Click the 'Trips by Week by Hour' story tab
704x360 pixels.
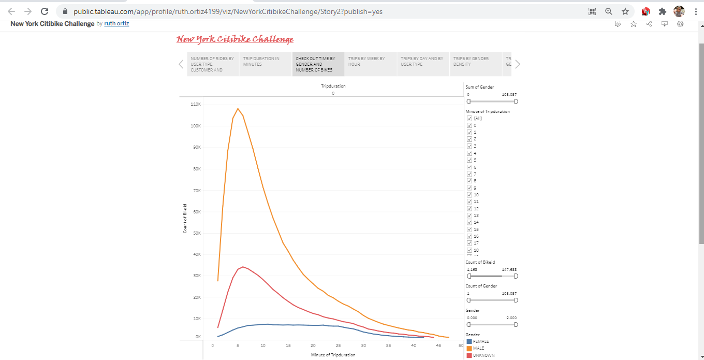(370, 64)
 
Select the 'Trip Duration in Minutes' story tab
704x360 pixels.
(265, 64)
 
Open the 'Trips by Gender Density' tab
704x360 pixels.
(475, 64)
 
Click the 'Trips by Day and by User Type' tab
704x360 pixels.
(423, 64)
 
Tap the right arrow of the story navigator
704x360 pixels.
(518, 64)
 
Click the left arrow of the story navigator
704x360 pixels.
(181, 64)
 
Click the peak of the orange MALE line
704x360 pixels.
(238, 109)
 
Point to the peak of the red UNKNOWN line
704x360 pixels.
(242, 267)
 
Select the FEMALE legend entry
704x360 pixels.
(480, 341)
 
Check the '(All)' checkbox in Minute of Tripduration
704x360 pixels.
(470, 118)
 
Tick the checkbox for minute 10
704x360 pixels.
(470, 195)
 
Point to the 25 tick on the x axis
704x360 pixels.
(338, 345)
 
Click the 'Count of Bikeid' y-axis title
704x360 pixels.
(185, 219)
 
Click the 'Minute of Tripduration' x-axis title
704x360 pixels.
(333, 355)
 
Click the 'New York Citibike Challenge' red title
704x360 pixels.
(235, 39)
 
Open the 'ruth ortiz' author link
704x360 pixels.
(116, 24)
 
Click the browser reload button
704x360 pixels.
(45, 11)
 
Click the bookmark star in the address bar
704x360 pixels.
(625, 11)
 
